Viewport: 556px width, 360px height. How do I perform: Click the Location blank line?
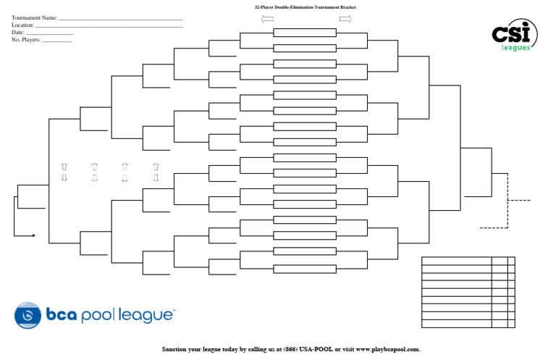click(x=109, y=26)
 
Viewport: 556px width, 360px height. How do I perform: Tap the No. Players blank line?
click(x=57, y=41)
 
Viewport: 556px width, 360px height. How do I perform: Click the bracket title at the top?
click(x=304, y=7)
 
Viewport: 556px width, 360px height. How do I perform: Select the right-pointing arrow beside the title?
click(x=345, y=20)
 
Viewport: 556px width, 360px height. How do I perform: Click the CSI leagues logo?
click(x=515, y=34)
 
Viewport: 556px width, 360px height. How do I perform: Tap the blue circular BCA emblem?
click(x=28, y=315)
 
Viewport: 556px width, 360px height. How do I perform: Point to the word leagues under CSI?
click(x=516, y=48)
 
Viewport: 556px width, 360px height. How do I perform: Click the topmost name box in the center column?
click(x=304, y=33)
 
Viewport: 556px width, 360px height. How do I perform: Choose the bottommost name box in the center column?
click(x=304, y=267)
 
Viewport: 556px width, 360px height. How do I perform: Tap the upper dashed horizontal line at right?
click(x=519, y=199)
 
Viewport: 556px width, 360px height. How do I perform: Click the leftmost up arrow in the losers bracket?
click(x=64, y=167)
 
